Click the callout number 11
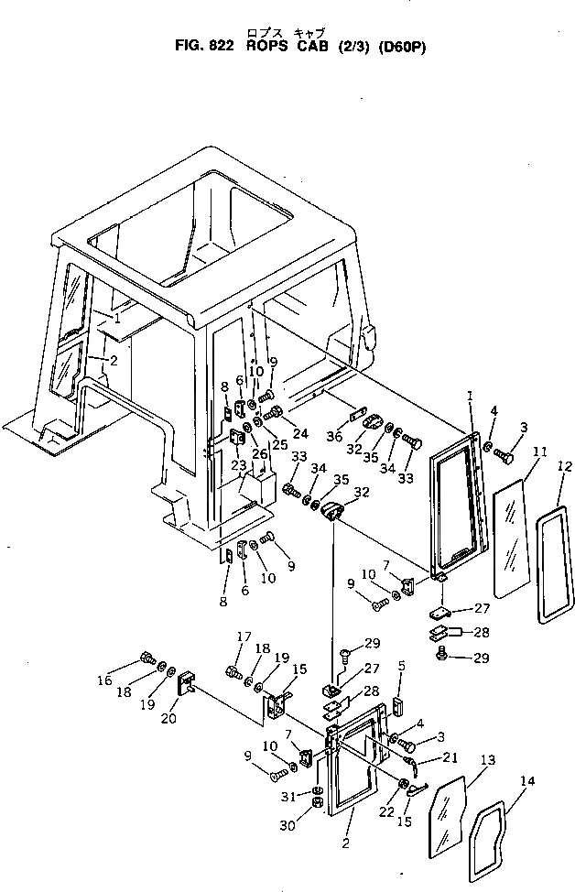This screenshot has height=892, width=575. (540, 452)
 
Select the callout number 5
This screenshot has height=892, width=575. (400, 665)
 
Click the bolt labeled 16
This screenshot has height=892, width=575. (146, 658)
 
